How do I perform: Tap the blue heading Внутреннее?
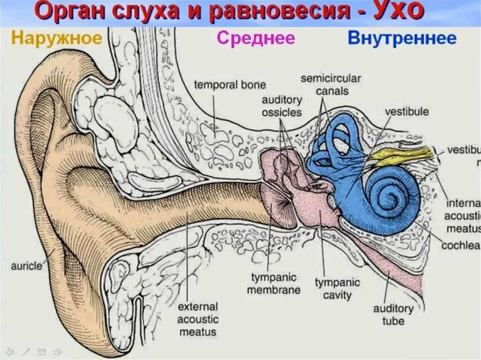pyautogui.click(x=402, y=38)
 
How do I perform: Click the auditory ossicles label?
pyautogui.click(x=282, y=106)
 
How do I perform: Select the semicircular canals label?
pyautogui.click(x=331, y=84)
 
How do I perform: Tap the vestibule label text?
pyautogui.click(x=407, y=112)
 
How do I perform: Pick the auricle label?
pyautogui.click(x=26, y=266)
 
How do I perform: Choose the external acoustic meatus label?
pyautogui.click(x=197, y=319)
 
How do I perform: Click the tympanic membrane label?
pyautogui.click(x=274, y=283)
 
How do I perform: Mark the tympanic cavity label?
pyautogui.click(x=337, y=289)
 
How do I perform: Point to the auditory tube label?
pyautogui.click(x=393, y=315)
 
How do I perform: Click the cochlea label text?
pyautogui.click(x=463, y=245)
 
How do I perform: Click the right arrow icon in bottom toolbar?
pyautogui.click(x=57, y=351)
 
